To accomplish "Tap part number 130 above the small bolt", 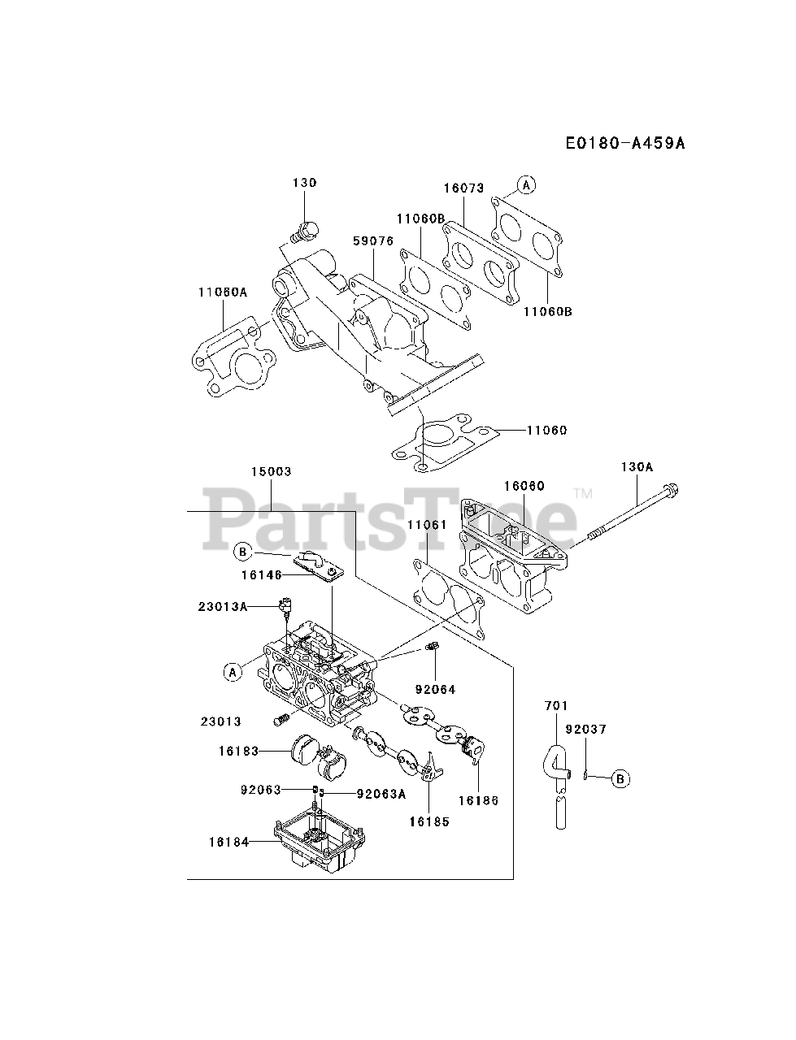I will (305, 184).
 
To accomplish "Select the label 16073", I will (463, 188).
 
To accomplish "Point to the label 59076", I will (373, 241).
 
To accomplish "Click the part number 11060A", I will (223, 292).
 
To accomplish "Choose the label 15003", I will (271, 471).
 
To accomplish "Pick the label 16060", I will (524, 486).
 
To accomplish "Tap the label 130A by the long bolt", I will (637, 467).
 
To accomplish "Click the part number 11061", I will (427, 526).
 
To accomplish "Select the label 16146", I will (261, 574).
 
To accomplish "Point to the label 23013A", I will (223, 606).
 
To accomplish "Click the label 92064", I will (435, 689).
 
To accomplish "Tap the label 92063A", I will (381, 794).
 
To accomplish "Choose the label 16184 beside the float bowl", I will (229, 843).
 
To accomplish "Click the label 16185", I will (429, 821).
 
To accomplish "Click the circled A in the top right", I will (526, 185).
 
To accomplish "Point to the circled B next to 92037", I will (620, 778).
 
